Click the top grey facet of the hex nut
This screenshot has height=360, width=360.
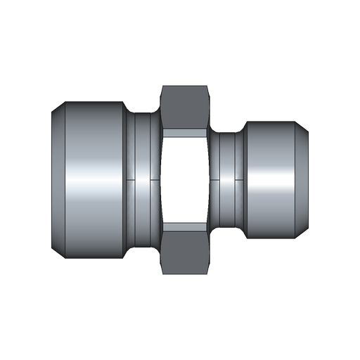point(185,110)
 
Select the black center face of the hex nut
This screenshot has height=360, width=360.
point(185,180)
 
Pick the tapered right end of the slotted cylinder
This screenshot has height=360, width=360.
point(302,180)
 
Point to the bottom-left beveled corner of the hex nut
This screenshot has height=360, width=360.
point(163,269)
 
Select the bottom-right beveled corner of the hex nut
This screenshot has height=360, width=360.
point(207,269)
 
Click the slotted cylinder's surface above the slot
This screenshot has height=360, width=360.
point(271,148)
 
